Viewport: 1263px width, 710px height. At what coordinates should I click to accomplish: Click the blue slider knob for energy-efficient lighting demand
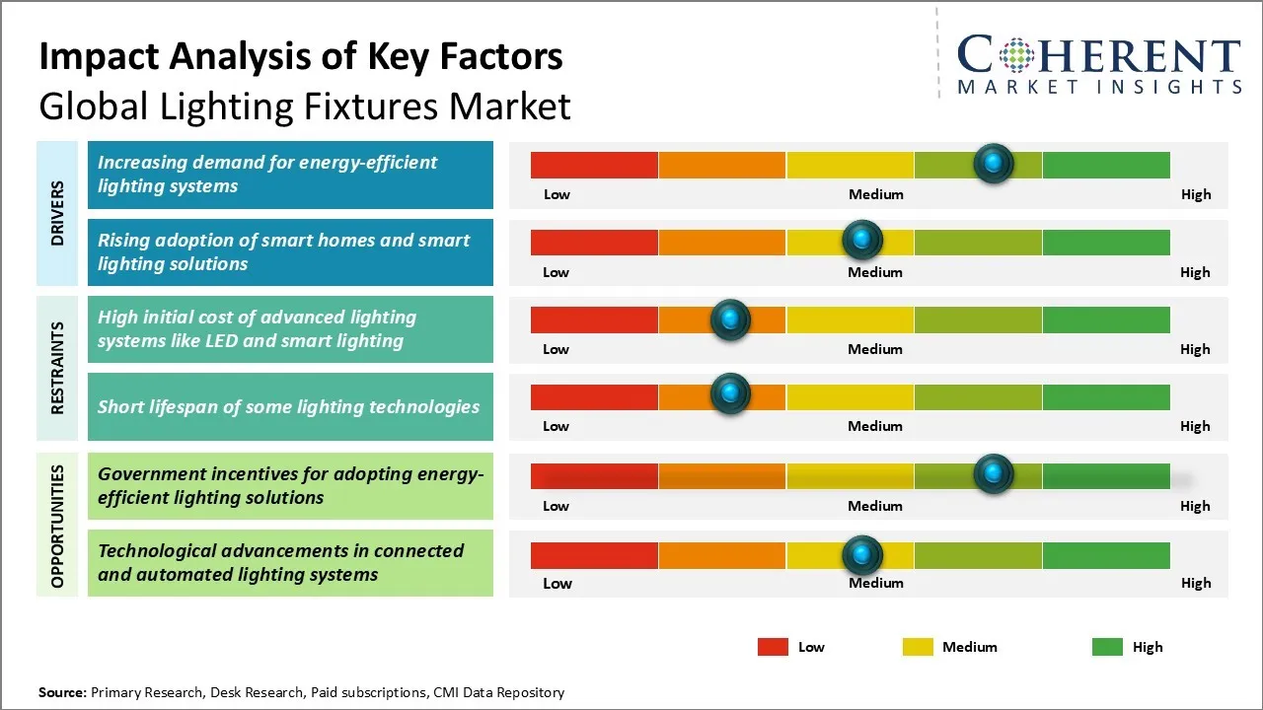coord(993,163)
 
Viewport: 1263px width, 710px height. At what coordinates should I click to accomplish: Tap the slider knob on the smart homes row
coord(862,239)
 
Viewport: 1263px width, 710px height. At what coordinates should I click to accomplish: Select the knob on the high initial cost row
coord(730,319)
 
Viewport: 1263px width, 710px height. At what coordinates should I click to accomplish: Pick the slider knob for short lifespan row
coord(730,393)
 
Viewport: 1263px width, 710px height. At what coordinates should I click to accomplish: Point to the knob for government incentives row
coord(993,473)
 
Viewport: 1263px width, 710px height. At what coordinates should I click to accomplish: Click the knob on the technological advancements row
coord(862,554)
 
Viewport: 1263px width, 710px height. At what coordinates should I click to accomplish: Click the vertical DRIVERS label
coord(57,213)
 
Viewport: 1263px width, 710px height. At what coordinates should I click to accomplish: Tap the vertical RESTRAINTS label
coord(57,368)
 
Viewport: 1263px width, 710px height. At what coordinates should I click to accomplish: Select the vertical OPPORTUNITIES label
coord(57,526)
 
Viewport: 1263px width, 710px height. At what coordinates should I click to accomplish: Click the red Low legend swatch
coord(773,647)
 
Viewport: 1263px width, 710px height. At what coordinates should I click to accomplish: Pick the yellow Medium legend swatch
coord(918,647)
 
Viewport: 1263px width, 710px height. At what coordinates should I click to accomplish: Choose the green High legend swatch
coord(1107,647)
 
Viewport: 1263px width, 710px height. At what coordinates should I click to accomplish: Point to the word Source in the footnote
coord(62,692)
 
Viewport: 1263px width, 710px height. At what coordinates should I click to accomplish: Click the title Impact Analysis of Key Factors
coord(301,57)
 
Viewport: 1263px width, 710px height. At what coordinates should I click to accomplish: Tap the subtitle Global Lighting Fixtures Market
coord(305,106)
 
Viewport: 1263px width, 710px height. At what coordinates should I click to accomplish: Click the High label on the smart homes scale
coord(1195,272)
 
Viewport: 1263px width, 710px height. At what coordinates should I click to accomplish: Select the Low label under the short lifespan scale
coord(556,426)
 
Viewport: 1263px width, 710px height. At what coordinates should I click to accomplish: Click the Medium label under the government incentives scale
coord(875,506)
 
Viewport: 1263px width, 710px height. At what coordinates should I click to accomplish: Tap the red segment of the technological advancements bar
coord(594,555)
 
